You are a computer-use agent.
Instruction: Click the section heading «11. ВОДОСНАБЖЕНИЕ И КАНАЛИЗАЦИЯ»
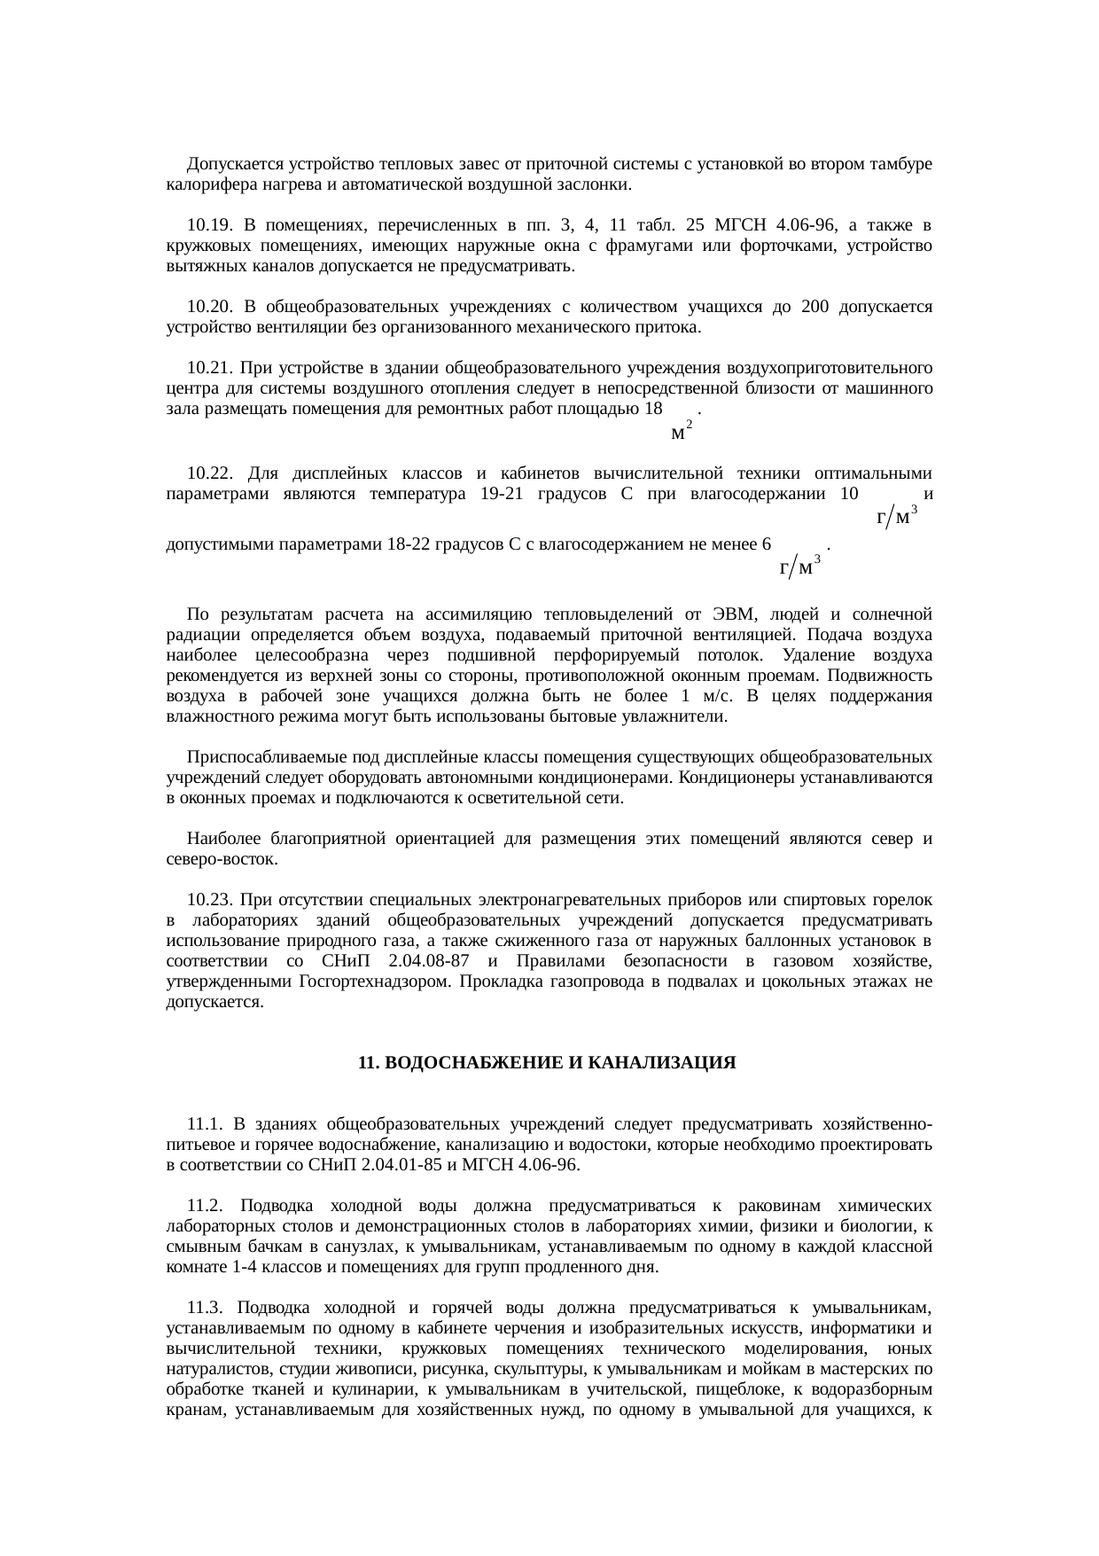point(547,1062)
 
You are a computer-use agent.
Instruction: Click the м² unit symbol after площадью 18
point(682,432)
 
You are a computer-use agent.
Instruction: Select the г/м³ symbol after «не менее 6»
point(799,566)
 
